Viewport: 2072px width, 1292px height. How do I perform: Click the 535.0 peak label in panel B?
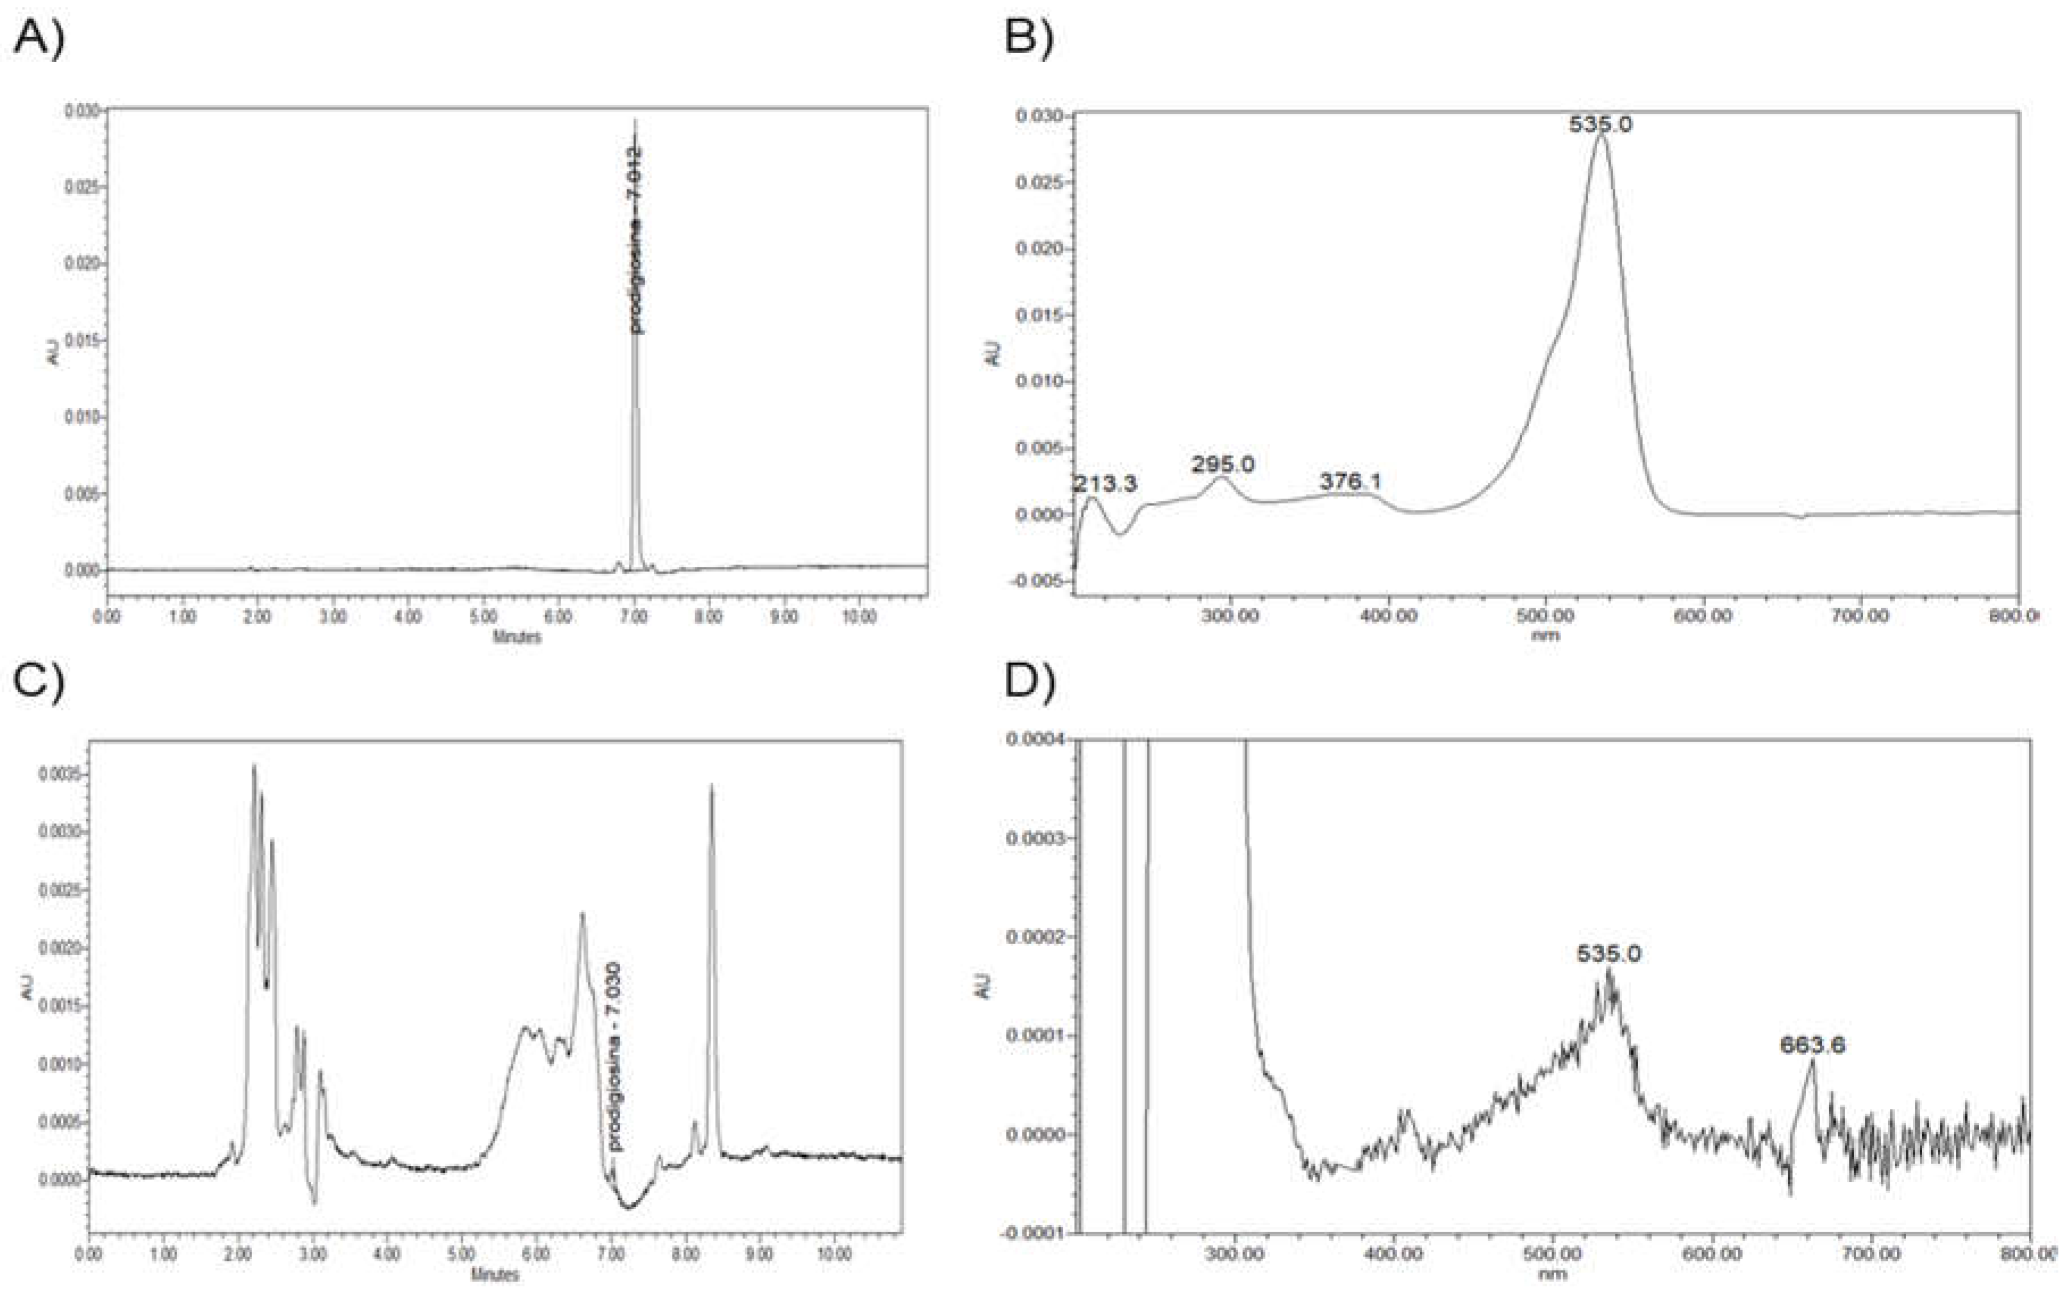[x=1601, y=125]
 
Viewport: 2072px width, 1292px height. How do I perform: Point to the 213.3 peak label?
[x=1106, y=484]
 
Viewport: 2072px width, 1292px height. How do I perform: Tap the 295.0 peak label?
[x=1223, y=465]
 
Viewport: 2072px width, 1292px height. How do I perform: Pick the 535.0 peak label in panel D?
[x=1609, y=953]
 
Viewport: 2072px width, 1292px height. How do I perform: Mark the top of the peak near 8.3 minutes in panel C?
[x=712, y=786]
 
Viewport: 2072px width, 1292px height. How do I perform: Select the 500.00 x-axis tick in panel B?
[x=1545, y=615]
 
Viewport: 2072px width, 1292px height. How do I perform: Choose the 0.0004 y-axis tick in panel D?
[x=1029, y=740]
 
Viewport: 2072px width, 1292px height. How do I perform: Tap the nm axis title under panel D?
[x=1552, y=1274]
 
